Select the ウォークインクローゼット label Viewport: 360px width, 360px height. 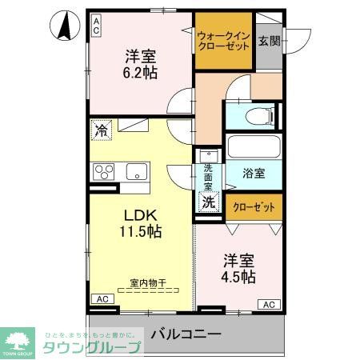pos(224,41)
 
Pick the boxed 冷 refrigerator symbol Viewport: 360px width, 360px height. pos(102,128)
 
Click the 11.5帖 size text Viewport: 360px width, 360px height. pos(142,232)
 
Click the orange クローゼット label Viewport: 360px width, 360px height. pos(253,206)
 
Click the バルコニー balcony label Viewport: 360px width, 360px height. pos(185,334)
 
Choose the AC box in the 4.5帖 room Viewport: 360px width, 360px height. pos(269,305)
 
